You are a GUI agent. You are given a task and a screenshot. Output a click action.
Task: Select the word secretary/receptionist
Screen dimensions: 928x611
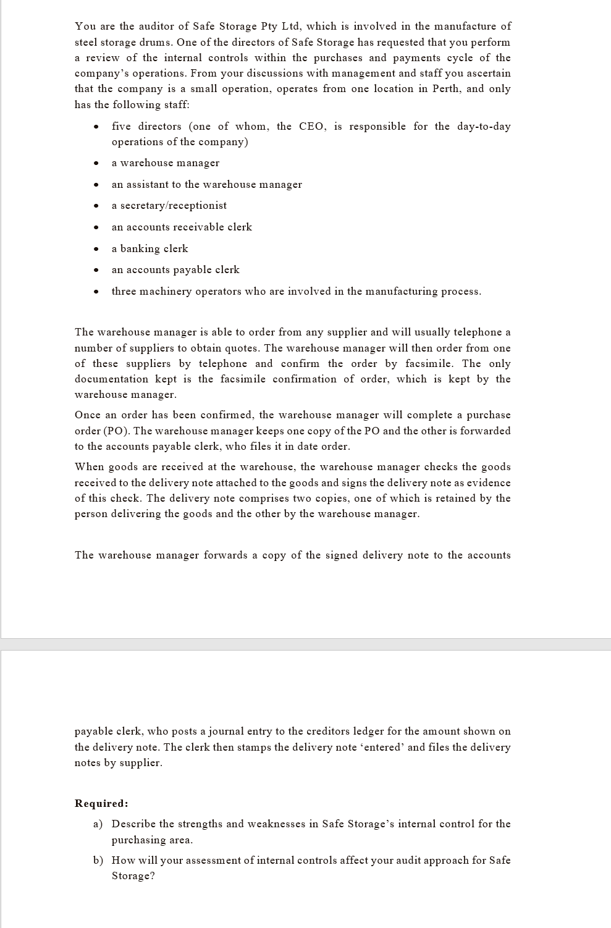(x=173, y=205)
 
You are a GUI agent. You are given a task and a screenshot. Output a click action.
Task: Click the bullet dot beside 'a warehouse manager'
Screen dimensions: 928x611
(x=96, y=164)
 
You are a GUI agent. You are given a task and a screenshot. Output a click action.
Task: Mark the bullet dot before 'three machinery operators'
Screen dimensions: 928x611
(x=96, y=292)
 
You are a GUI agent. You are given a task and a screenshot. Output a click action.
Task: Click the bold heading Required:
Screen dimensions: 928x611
(x=101, y=803)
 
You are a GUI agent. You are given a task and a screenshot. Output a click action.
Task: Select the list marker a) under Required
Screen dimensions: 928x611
(x=98, y=824)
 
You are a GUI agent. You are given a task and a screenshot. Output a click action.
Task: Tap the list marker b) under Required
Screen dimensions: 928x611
(x=98, y=860)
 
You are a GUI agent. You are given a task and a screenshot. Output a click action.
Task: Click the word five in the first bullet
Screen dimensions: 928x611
(x=121, y=126)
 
